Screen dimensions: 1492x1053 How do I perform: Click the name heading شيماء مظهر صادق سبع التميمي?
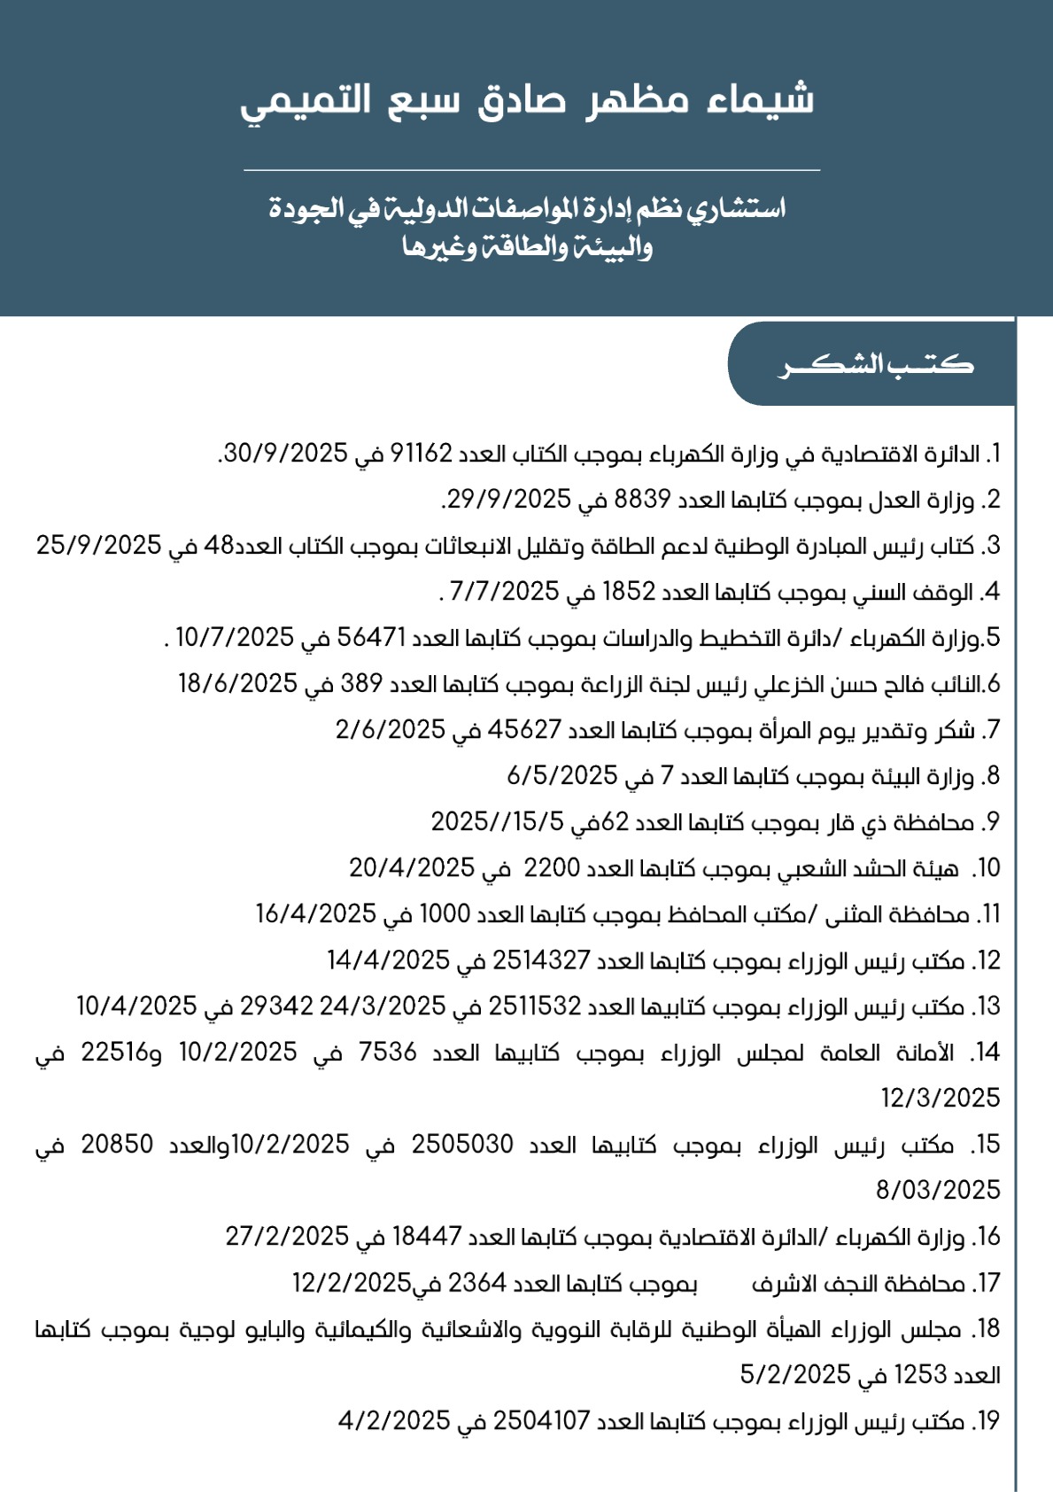tap(527, 100)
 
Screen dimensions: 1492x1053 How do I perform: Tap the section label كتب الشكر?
tap(875, 364)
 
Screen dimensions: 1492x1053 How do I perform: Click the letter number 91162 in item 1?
tap(415, 454)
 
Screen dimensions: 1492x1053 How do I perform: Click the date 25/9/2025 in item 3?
tap(97, 546)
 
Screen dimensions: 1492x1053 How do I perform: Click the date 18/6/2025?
tap(238, 684)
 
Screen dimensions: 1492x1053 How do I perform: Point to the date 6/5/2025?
tap(561, 776)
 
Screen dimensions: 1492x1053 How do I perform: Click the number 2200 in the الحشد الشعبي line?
tap(552, 868)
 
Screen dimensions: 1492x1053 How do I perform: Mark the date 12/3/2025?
tap(940, 1099)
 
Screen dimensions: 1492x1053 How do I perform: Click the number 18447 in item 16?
tap(427, 1237)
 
